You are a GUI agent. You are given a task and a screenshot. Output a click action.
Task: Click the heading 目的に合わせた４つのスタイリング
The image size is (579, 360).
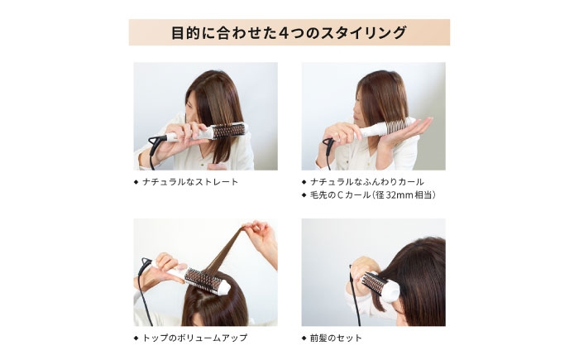click(289, 33)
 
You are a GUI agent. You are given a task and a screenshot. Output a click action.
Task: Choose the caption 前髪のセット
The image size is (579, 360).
click(336, 338)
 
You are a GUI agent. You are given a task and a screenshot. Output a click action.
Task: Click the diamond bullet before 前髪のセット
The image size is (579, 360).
click(304, 338)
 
